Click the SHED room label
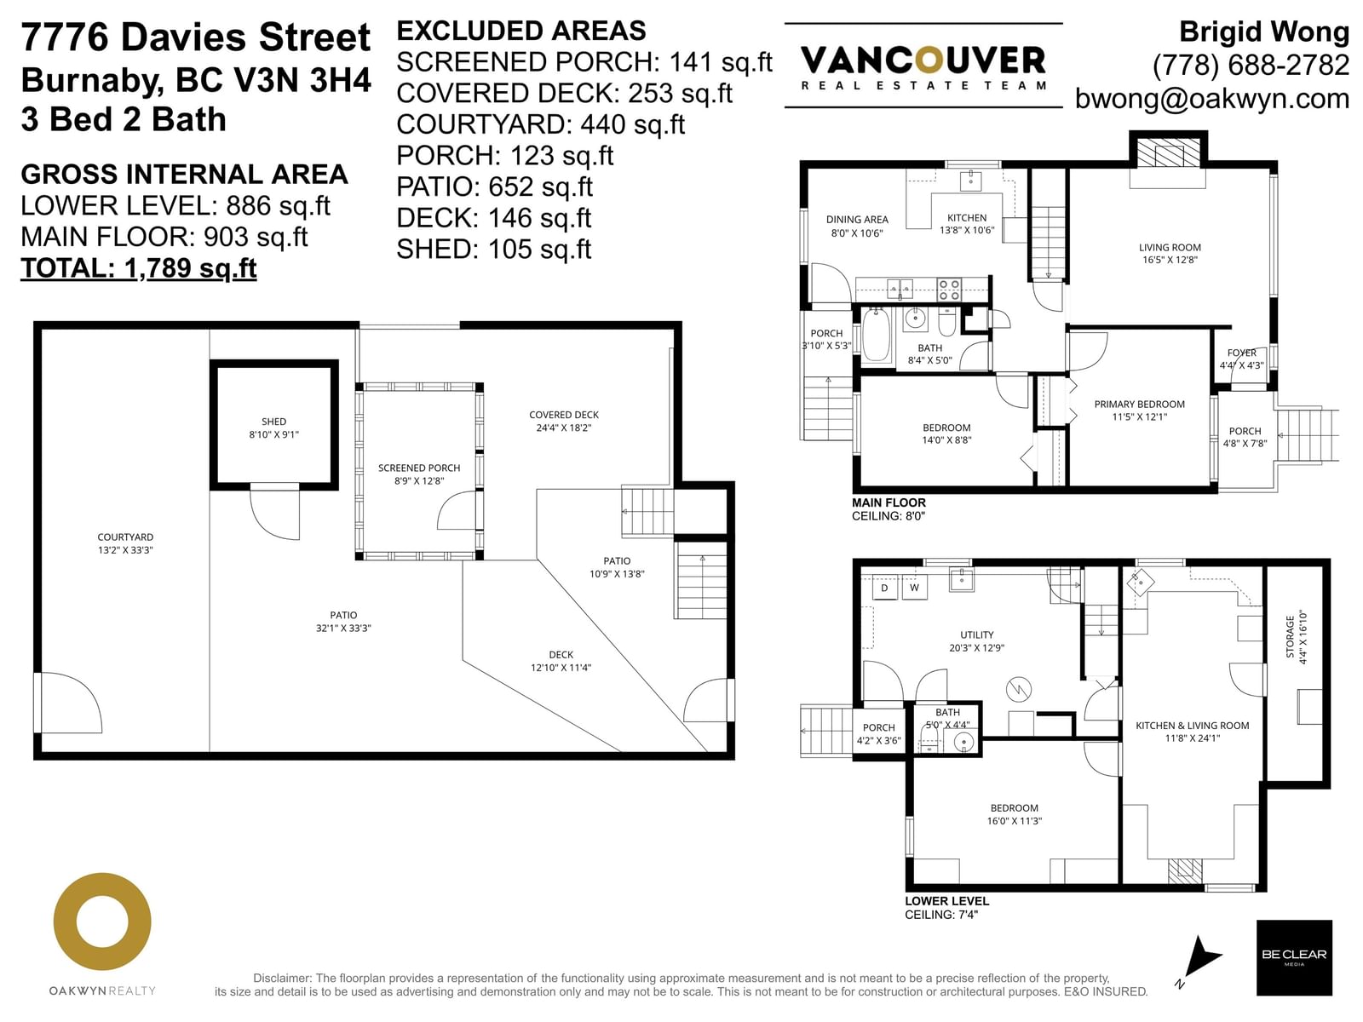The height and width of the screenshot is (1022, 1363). (x=273, y=422)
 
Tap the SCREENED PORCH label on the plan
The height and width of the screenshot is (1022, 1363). (x=419, y=468)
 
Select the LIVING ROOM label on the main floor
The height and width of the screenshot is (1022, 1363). (x=1170, y=247)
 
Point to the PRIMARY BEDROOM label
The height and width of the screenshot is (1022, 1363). (x=1140, y=404)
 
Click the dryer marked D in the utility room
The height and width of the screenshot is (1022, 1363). (x=884, y=588)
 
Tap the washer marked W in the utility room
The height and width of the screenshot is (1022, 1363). (x=915, y=588)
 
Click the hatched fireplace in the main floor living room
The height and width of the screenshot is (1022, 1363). (x=1168, y=152)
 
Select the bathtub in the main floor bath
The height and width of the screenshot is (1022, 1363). (x=877, y=335)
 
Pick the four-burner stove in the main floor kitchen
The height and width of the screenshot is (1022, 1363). (x=949, y=290)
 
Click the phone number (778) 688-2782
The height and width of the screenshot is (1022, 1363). (x=1251, y=66)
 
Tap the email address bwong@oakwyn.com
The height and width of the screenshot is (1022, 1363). (x=1212, y=99)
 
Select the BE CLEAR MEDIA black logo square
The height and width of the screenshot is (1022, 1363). (x=1294, y=957)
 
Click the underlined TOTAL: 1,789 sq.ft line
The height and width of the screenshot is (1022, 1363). (x=139, y=268)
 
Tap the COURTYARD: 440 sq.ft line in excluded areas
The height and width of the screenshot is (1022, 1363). (x=540, y=124)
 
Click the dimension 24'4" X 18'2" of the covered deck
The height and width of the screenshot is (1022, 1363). (x=564, y=428)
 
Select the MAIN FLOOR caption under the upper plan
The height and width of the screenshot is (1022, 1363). (x=889, y=502)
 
